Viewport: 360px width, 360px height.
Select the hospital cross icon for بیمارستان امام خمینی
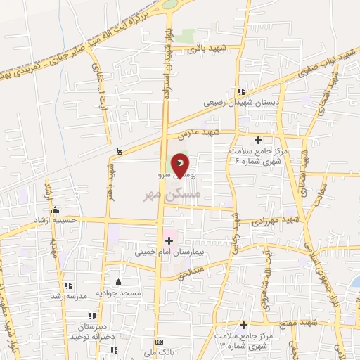pyautogui.click(x=168, y=240)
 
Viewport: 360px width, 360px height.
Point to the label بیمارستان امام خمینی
pyautogui.click(x=164, y=250)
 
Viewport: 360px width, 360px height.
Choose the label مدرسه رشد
pyautogui.click(x=67, y=296)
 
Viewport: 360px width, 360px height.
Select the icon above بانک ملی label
pyautogui.click(x=160, y=342)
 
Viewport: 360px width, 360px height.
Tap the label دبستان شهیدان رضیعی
pyautogui.click(x=232, y=102)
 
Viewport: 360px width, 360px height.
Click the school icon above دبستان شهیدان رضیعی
pyautogui.click(x=241, y=91)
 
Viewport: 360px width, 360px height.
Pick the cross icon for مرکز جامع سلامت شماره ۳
pyautogui.click(x=243, y=325)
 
